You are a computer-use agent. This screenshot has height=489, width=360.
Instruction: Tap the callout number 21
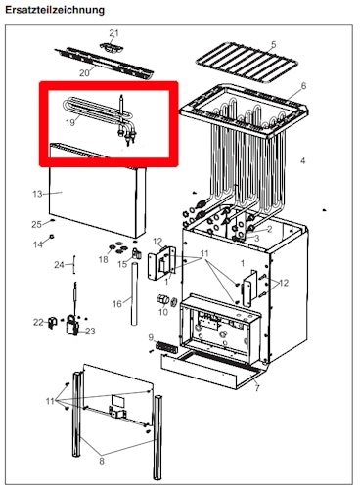(x=112, y=33)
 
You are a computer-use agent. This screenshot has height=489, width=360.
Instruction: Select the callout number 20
(x=84, y=72)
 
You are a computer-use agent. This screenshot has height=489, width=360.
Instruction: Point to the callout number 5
(x=273, y=45)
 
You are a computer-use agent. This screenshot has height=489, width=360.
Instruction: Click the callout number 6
(x=302, y=87)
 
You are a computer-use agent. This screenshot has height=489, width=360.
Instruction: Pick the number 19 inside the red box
(x=70, y=123)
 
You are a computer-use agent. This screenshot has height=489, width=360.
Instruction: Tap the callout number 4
(x=302, y=159)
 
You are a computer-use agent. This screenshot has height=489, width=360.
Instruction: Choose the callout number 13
(x=38, y=194)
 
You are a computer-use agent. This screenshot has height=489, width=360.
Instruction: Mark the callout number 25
(x=36, y=224)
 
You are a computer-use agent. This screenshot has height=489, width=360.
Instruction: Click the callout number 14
(x=38, y=244)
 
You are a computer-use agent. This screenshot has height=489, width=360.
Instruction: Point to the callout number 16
(x=116, y=304)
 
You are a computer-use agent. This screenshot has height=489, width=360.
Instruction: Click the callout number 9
(x=152, y=337)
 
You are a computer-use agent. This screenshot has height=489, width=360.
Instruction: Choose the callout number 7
(x=256, y=389)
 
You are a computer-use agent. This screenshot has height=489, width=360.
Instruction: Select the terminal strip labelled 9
(x=163, y=347)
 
